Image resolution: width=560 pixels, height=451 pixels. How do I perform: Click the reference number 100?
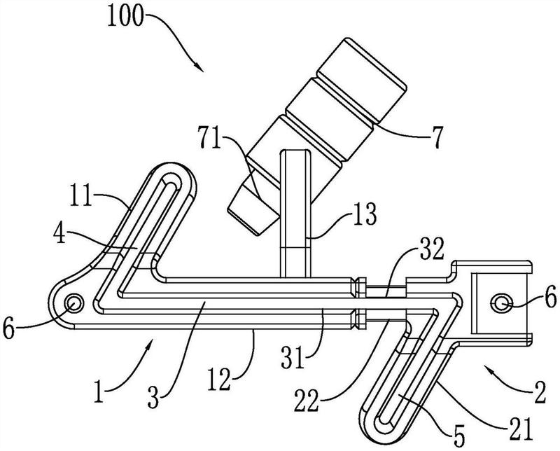pos(125,16)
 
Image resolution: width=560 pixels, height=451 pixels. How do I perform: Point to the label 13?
pos(364,214)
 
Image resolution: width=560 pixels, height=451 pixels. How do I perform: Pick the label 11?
pos(81,195)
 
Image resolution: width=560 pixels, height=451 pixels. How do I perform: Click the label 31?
pos(293,358)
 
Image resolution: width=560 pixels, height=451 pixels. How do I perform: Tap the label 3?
pos(153,398)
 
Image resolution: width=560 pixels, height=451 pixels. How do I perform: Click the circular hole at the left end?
pos(73,303)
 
